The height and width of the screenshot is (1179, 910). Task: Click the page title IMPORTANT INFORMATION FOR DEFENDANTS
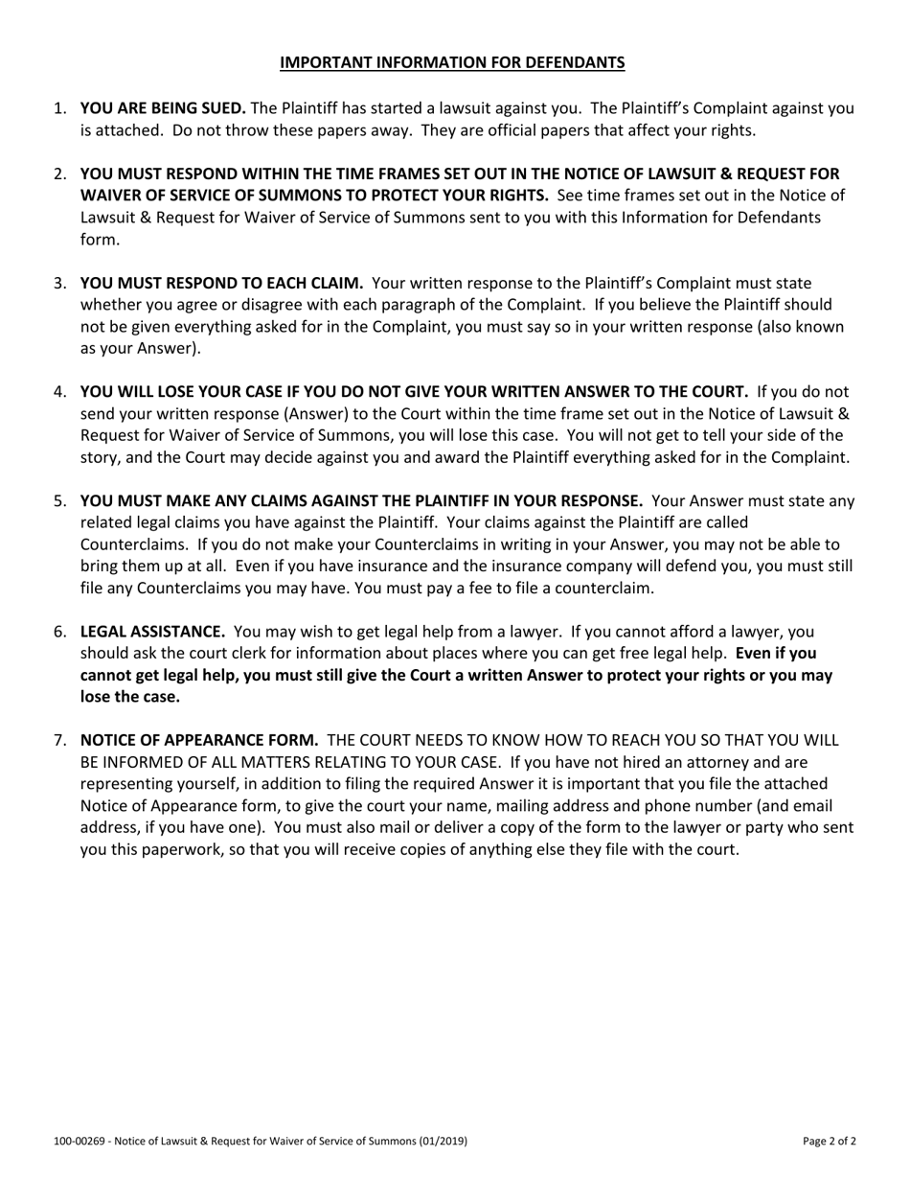point(452,63)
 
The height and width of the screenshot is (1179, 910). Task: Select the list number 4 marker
point(59,391)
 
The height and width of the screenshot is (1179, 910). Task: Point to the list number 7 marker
point(59,740)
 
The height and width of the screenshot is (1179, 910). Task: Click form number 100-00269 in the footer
point(79,1142)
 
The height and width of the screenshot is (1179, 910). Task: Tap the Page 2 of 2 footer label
point(830,1142)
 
